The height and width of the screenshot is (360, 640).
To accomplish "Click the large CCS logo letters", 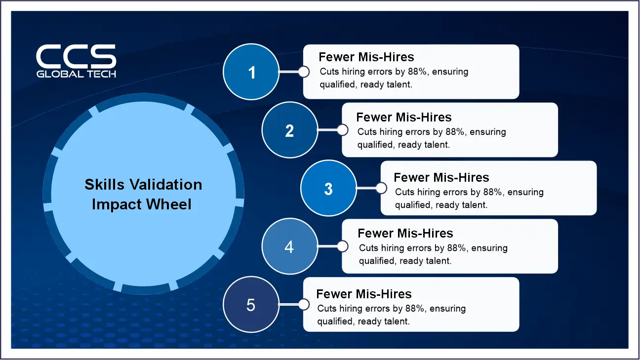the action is (x=76, y=56).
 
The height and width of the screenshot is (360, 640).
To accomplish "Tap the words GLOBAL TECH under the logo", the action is (x=76, y=74).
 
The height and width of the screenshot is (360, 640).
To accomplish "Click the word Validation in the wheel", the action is (x=166, y=185).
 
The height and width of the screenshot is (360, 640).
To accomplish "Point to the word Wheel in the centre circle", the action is (x=168, y=204).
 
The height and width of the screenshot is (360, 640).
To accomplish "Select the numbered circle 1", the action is (x=251, y=72).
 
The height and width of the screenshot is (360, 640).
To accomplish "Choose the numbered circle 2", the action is (x=290, y=130).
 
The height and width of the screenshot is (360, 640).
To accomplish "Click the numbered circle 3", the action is (x=328, y=188).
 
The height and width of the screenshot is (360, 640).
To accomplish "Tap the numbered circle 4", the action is (x=290, y=246).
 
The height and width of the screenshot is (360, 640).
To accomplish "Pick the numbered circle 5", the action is (x=251, y=304).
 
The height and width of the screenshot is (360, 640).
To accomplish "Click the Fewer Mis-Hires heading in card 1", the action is (x=366, y=57).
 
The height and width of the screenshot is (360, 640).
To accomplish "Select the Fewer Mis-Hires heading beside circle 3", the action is (x=441, y=177).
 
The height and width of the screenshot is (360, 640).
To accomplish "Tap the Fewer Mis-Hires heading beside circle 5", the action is (x=364, y=294).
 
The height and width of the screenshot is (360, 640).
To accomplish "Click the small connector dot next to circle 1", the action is (x=304, y=72).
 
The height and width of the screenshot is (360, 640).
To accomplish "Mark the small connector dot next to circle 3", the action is (x=381, y=188).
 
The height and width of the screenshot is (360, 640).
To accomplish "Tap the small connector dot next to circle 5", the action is (x=304, y=304).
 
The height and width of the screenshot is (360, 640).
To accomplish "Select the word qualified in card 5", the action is (x=336, y=321).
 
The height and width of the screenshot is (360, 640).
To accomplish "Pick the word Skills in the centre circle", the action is (x=105, y=185).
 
